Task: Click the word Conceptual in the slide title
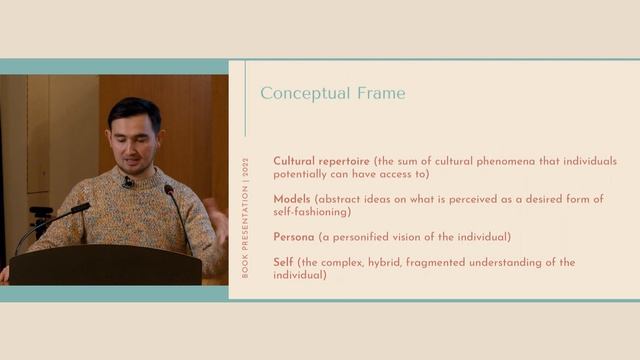(303, 94)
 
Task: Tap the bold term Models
(293, 199)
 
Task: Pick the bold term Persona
(295, 237)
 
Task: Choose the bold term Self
(283, 262)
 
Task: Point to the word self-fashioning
(314, 212)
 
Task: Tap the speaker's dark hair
(133, 108)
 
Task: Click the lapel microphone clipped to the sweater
(128, 183)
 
